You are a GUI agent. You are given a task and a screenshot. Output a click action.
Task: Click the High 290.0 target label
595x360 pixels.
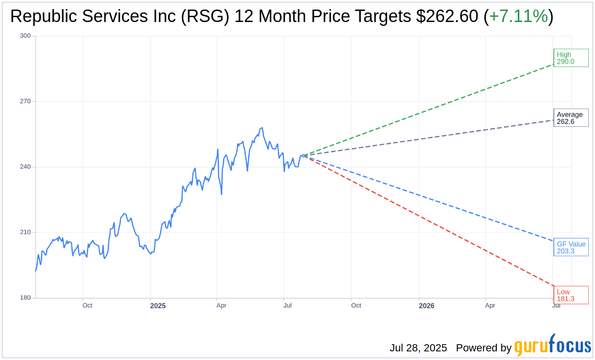click(571, 58)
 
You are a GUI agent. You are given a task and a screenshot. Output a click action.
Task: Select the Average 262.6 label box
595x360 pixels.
click(571, 118)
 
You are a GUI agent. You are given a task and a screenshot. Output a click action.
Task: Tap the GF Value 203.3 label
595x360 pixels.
click(571, 247)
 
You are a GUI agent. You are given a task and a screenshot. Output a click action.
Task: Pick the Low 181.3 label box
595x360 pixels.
click(571, 295)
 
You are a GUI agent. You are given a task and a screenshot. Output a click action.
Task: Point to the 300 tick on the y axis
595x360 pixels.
click(25, 36)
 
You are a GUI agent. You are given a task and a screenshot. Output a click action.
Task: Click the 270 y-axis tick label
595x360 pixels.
click(25, 101)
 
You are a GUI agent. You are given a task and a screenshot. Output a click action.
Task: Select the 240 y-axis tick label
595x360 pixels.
click(25, 167)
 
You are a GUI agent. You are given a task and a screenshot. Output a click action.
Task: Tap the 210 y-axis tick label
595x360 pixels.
click(25, 232)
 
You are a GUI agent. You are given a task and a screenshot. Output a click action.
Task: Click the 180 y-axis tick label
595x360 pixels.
click(25, 298)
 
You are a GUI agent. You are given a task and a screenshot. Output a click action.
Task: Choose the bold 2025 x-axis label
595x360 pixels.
click(158, 305)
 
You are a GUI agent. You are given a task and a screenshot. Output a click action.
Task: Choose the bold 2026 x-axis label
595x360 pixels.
click(426, 305)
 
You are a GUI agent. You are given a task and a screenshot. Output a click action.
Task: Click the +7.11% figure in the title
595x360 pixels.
click(518, 16)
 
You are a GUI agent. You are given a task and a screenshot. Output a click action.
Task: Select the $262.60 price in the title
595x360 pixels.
click(446, 16)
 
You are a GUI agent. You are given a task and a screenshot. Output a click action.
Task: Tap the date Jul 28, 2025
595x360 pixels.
click(418, 348)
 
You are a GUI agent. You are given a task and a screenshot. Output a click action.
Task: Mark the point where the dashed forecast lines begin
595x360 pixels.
click(303, 156)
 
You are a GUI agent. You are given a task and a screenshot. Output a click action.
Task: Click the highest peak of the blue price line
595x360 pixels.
click(262, 128)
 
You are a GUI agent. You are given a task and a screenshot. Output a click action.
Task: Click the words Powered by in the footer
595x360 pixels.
click(483, 348)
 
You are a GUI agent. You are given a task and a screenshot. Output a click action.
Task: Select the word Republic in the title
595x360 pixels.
click(41, 16)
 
